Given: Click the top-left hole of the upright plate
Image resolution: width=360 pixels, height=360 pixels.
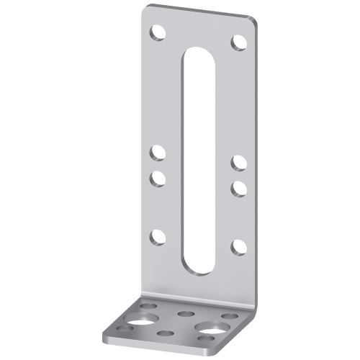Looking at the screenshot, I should click(x=156, y=32).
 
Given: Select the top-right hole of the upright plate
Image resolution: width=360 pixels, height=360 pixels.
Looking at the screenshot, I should click(x=238, y=42).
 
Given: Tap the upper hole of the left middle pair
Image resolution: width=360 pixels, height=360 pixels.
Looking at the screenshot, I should click(x=156, y=152).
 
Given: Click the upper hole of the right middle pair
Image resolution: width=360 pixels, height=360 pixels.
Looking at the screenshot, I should click(x=238, y=163).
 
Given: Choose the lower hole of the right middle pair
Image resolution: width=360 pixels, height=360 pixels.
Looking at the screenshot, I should click(x=238, y=187).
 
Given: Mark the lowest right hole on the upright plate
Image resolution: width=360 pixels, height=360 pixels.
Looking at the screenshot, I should click(x=238, y=247).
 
